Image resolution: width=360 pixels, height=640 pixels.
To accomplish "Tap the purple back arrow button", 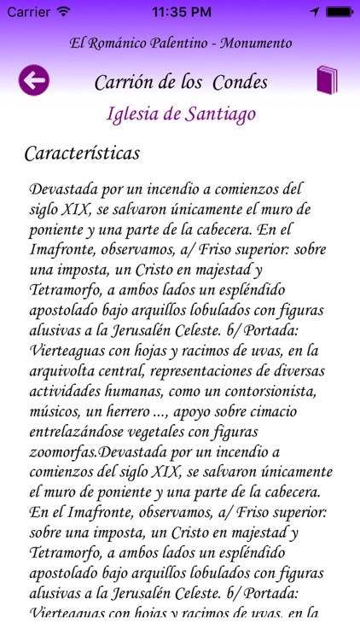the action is pos(33,81).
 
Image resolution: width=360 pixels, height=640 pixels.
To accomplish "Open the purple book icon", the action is pos(328,80).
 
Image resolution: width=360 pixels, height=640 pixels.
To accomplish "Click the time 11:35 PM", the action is pos(180,13).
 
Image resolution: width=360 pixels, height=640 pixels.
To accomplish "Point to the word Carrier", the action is pos(28,13).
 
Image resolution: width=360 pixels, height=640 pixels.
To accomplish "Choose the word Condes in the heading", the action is pos(239,83).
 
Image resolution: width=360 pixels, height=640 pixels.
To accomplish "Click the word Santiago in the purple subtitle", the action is pos(218,113).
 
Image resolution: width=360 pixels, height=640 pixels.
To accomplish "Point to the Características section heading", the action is pos(82,154).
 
